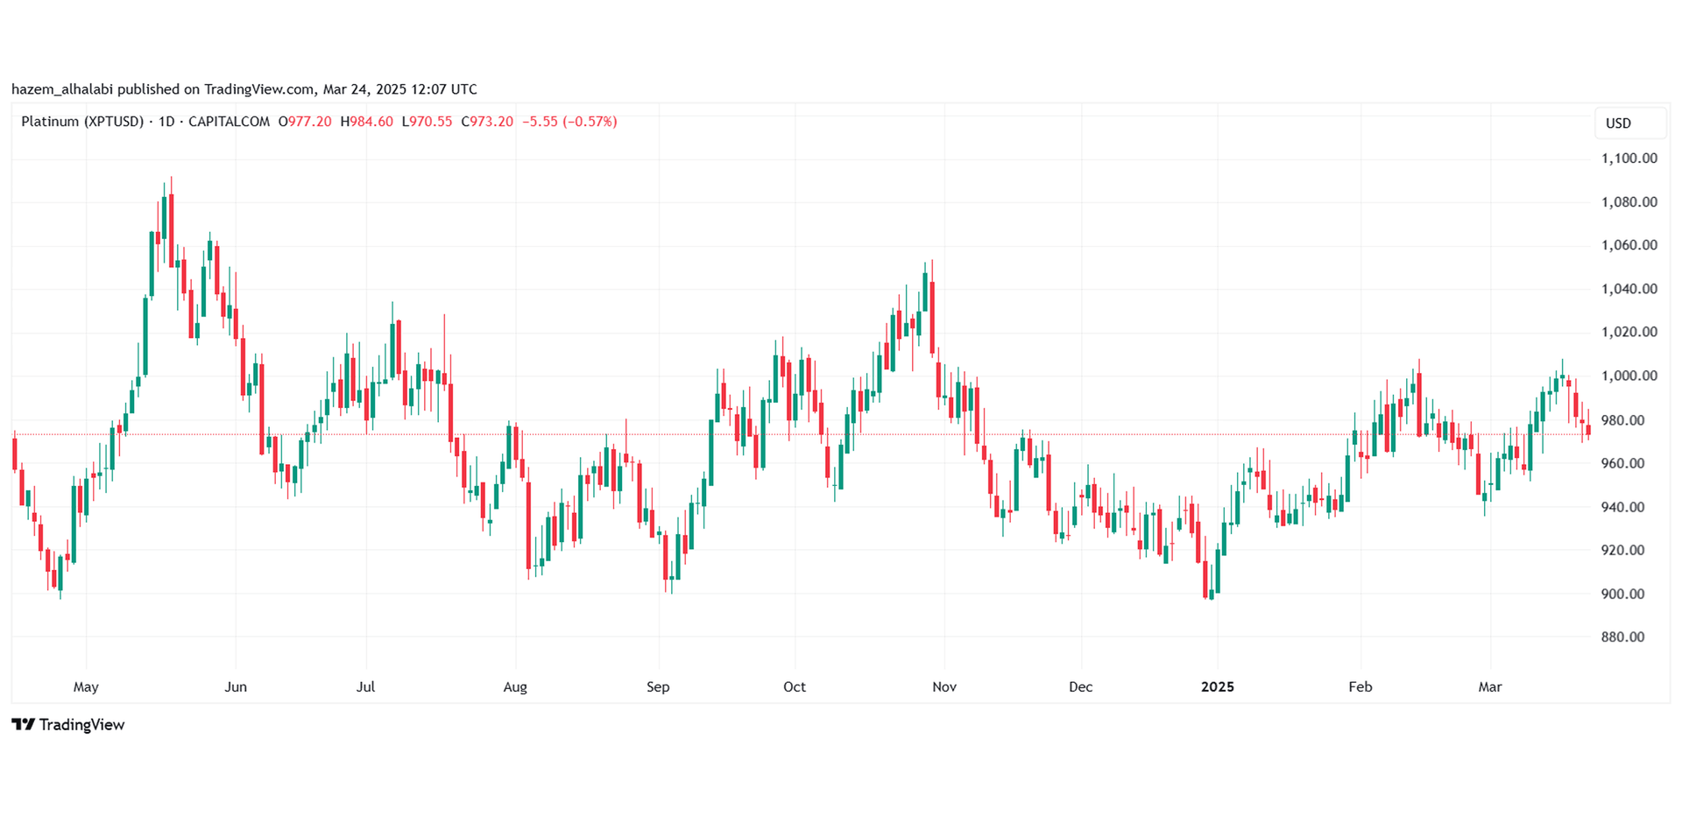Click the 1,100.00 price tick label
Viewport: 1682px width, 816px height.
[1629, 158]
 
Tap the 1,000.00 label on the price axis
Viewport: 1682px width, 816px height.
[1629, 376]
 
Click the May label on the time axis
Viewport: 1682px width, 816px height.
[86, 686]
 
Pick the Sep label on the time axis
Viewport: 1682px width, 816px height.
[658, 686]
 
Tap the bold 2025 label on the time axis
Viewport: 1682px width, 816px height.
[1217, 686]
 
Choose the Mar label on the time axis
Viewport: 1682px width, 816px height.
[1489, 686]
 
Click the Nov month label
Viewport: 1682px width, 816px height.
[943, 686]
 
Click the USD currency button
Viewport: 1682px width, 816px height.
[1618, 123]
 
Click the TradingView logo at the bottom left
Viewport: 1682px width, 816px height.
[68, 724]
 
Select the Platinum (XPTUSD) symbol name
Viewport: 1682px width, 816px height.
[81, 122]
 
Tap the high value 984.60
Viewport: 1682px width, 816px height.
[371, 122]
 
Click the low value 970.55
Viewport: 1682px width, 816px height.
[431, 122]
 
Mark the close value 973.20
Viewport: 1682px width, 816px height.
[491, 122]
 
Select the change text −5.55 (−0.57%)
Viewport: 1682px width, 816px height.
[569, 122]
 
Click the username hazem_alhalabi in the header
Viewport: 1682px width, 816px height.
[62, 89]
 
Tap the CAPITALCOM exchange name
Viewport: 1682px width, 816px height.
[229, 122]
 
